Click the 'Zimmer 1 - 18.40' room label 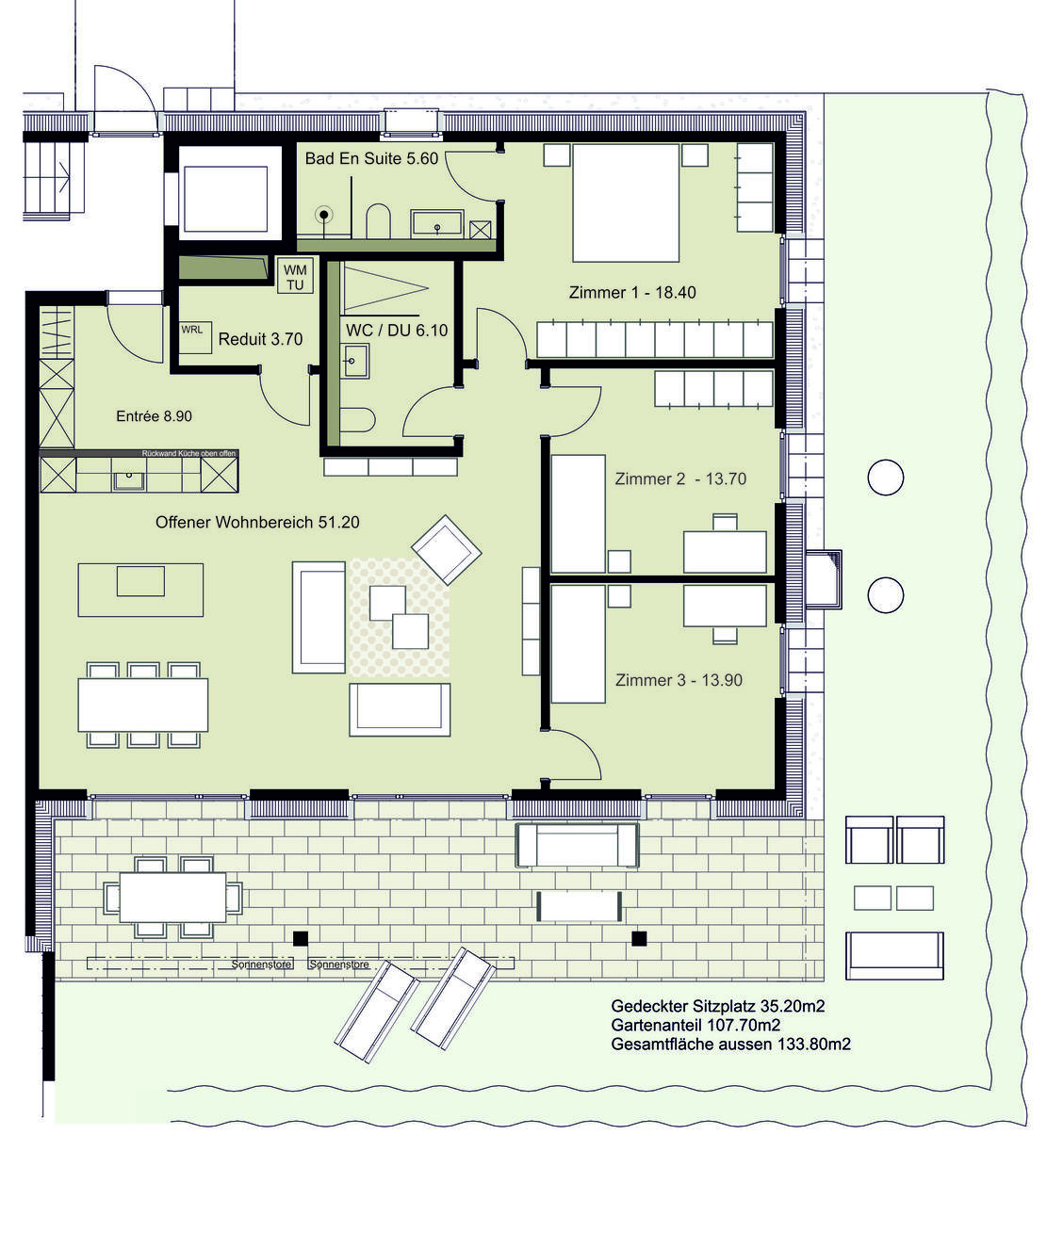(631, 293)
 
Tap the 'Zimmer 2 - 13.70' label (679, 479)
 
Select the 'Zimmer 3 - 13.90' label (679, 680)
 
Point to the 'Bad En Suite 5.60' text (371, 159)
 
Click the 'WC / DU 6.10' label (397, 331)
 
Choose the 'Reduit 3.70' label (260, 339)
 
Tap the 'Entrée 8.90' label (155, 416)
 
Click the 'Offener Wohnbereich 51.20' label (257, 523)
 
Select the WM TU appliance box (295, 277)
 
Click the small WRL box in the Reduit (195, 337)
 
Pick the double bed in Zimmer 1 (625, 203)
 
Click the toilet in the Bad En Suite (378, 220)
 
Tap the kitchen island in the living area (140, 590)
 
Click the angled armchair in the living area (447, 549)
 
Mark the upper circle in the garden (885, 478)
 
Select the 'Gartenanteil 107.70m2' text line (695, 1025)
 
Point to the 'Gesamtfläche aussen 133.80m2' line (730, 1044)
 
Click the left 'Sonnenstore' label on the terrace (261, 964)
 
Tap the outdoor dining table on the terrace (172, 898)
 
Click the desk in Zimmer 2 (725, 552)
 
